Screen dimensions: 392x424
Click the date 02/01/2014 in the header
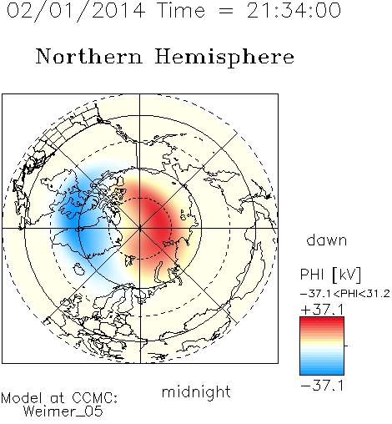click(x=76, y=11)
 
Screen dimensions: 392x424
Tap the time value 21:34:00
click(x=294, y=10)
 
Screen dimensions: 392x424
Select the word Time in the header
click(x=181, y=10)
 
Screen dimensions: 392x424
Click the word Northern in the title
click(x=89, y=56)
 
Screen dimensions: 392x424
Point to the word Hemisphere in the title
click(x=224, y=58)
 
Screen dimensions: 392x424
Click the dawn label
click(x=327, y=240)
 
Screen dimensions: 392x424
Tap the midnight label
click(x=196, y=391)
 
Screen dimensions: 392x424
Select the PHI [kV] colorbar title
click(x=330, y=275)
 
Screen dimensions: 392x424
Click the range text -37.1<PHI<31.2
click(x=345, y=294)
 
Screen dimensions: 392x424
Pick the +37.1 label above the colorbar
click(x=322, y=310)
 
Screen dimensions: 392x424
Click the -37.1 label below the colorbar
click(x=322, y=386)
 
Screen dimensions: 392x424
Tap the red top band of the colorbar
click(x=322, y=321)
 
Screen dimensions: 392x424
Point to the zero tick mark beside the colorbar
click(x=346, y=346)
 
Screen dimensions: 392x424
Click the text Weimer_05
click(x=63, y=411)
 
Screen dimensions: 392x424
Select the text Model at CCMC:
click(x=59, y=398)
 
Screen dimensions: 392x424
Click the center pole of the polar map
click(x=140, y=228)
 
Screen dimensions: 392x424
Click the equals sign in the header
click(x=225, y=12)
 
